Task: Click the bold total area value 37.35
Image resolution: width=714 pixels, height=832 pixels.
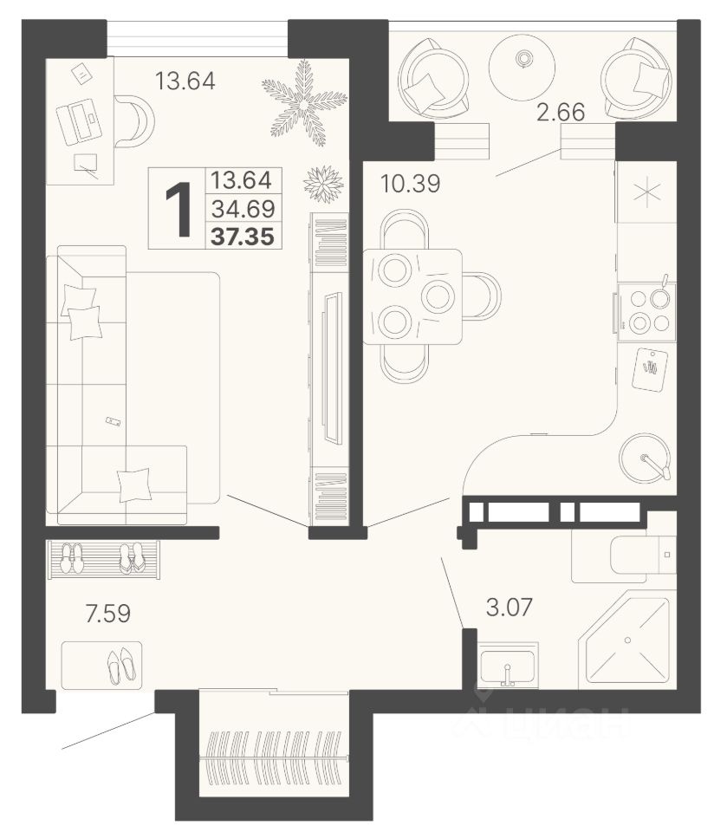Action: tap(243, 236)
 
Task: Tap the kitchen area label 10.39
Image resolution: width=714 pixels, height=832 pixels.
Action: tap(410, 184)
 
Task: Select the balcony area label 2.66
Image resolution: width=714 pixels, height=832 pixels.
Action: tap(560, 112)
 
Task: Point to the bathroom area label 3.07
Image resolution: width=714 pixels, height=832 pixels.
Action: tap(509, 607)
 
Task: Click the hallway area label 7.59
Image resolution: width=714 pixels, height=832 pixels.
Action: tap(107, 614)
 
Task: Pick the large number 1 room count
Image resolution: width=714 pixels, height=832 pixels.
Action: tap(178, 209)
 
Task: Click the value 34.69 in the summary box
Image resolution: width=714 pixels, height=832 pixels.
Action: tap(243, 209)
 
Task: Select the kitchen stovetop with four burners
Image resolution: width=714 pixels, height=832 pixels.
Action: tap(646, 312)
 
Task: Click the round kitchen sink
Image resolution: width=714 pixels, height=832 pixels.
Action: tap(645, 458)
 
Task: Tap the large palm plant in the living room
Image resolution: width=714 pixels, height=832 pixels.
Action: tap(303, 103)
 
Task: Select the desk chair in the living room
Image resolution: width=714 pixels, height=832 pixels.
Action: tap(133, 121)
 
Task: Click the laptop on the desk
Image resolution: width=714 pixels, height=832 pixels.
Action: tap(79, 122)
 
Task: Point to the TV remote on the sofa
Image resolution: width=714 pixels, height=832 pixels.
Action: tap(113, 421)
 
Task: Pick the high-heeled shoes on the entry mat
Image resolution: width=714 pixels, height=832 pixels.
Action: tap(121, 666)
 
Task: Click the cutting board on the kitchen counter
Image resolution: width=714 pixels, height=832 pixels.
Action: tap(650, 369)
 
